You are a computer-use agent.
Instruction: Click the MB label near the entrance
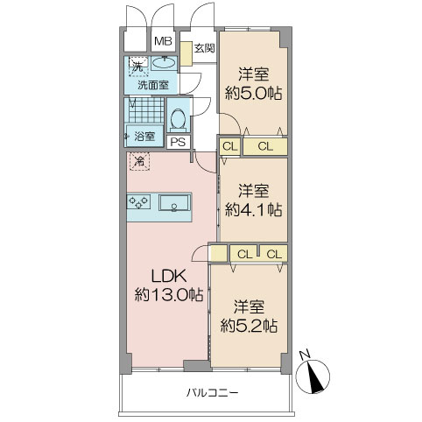click(162, 41)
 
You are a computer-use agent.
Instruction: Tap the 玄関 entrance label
click(204, 48)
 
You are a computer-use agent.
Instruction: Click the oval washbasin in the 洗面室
click(162, 64)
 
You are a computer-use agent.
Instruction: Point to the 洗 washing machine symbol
click(137, 66)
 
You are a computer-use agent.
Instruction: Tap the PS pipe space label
click(178, 143)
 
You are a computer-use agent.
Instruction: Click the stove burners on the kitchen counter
click(140, 202)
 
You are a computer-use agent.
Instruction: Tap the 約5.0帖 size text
click(253, 94)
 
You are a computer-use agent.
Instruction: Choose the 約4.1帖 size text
click(253, 209)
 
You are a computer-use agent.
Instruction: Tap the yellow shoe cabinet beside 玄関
click(186, 53)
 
